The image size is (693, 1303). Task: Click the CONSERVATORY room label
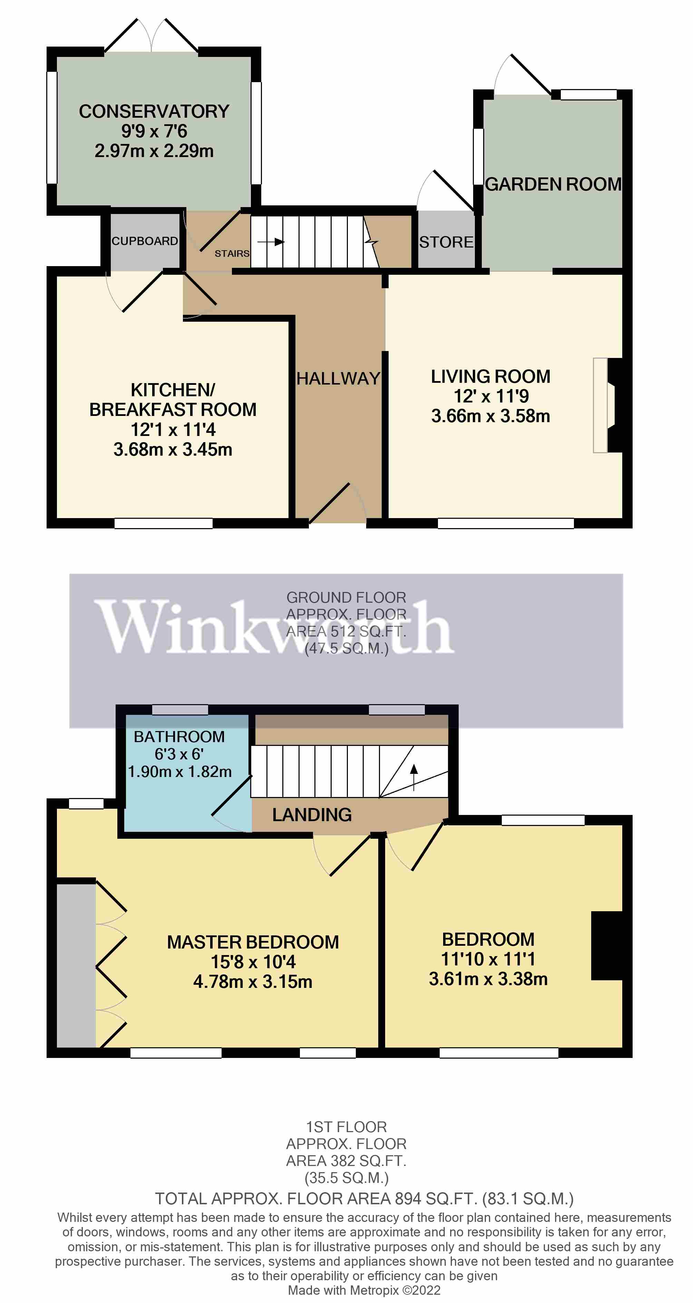point(154,111)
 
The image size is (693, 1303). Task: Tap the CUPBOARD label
point(145,241)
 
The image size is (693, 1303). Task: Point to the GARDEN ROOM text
point(553,184)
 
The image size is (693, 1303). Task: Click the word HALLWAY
point(338,378)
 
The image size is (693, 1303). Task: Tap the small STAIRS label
point(232,253)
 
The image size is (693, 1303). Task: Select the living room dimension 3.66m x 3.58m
point(490,416)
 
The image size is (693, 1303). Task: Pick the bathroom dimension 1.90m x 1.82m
point(179,771)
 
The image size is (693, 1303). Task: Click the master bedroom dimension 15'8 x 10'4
point(253,962)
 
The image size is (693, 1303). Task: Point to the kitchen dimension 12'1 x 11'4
point(173,429)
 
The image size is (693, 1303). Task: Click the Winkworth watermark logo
point(273,627)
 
